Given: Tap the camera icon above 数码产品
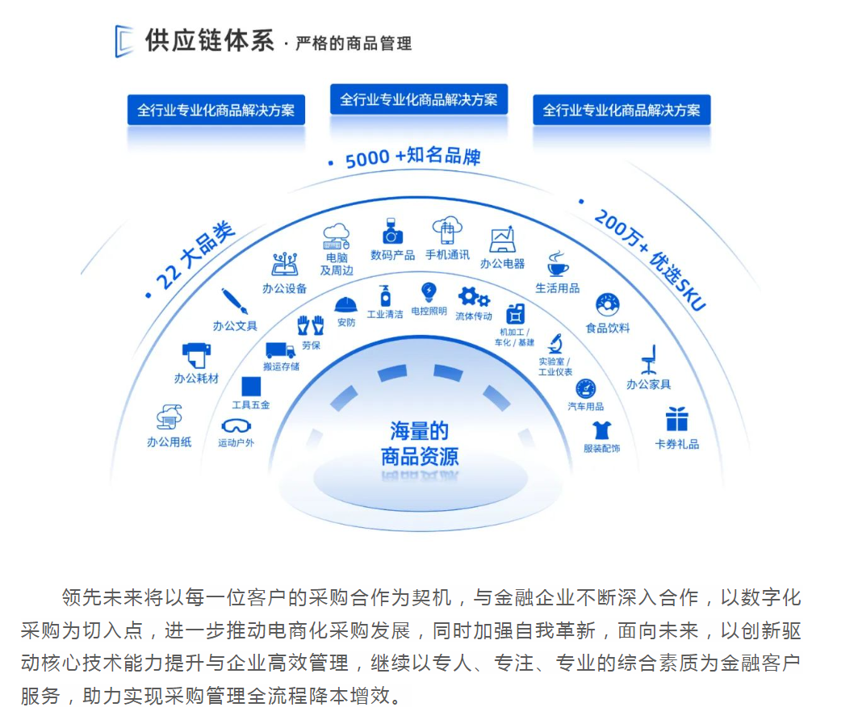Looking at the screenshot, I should coord(392,232).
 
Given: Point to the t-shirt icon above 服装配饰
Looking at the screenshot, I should coord(601,429).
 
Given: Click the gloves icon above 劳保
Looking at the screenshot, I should coord(310,325).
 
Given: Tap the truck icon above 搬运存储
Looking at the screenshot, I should coord(280,349).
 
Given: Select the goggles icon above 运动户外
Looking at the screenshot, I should coord(236,425).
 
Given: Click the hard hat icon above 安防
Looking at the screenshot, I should coord(346,304).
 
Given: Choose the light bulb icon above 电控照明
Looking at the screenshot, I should coord(429,291).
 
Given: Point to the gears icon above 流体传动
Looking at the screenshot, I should coord(473,297).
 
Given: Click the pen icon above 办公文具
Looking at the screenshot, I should coord(234,302).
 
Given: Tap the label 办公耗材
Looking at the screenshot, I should coord(196,378).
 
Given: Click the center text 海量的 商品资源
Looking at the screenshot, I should coord(419,444).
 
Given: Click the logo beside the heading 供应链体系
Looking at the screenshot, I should coord(123,41).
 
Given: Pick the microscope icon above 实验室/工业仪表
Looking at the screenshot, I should coord(555,344).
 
